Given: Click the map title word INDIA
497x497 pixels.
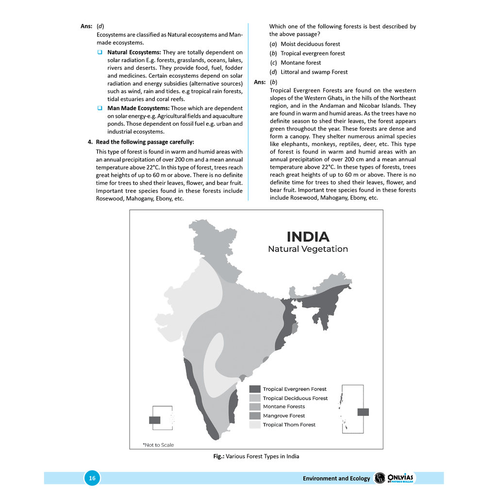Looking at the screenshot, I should click(x=308, y=237).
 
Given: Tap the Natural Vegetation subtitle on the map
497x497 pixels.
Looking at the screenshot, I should click(x=308, y=249).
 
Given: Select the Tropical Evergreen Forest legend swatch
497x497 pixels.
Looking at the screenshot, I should click(x=255, y=389).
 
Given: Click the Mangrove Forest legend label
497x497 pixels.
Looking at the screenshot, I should click(x=284, y=416).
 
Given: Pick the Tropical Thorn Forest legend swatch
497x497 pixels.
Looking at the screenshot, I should click(x=255, y=425).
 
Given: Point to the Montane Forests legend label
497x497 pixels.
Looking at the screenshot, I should click(x=284, y=407).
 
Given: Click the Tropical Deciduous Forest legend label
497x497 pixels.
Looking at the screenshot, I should click(x=295, y=398).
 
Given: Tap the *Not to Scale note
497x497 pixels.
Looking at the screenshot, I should click(x=158, y=445).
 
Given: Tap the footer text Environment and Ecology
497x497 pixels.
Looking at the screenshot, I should click(x=336, y=479).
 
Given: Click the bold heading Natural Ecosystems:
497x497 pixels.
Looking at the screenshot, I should click(x=134, y=52).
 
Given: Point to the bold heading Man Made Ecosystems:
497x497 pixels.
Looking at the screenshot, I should click(x=138, y=108).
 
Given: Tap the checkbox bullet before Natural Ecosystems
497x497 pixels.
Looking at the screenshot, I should click(x=99, y=52).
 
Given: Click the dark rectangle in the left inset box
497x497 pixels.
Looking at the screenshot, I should click(x=155, y=420).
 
